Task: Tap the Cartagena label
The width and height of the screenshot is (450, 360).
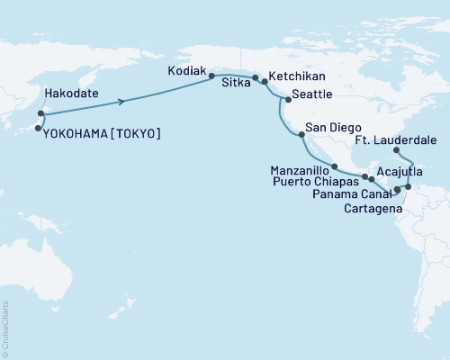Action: point(371,208)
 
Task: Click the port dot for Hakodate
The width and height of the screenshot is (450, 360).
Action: point(40,113)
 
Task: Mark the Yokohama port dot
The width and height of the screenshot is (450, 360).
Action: point(38,129)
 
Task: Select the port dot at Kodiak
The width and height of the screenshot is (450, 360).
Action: point(212,76)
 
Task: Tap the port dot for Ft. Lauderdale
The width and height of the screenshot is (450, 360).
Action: point(397,151)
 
